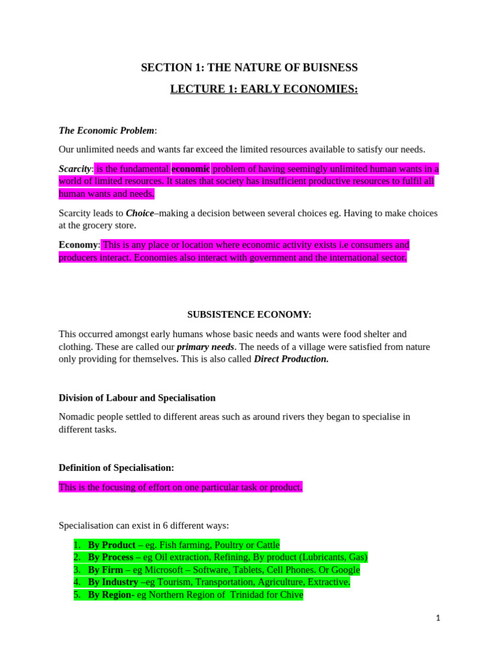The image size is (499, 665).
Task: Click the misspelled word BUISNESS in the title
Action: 329,68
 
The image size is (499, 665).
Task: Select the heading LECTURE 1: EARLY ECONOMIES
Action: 264,89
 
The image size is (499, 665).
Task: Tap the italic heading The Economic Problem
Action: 107,131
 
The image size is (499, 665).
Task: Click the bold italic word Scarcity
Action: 75,169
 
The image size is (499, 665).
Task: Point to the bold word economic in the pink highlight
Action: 190,169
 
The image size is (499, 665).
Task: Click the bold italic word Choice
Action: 140,213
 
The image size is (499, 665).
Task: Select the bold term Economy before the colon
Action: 78,245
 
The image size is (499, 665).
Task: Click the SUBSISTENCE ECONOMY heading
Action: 249,314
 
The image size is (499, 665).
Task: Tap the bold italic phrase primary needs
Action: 205,347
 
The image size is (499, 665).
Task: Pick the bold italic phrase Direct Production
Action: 291,359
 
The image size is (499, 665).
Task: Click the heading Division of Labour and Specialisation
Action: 137,397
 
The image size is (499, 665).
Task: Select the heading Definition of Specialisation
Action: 116,468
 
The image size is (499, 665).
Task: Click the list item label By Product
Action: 111,545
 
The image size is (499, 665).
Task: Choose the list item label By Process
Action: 110,557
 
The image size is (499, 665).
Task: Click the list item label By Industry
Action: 113,582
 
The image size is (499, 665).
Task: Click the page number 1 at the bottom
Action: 438,618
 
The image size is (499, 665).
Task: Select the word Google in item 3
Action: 344,570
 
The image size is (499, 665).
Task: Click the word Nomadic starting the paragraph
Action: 77,417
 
